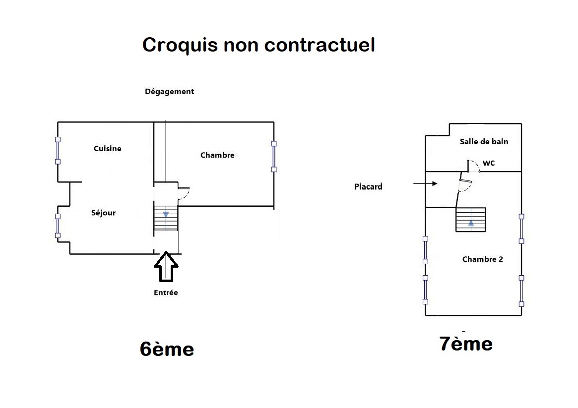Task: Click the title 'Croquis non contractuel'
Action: click(258, 45)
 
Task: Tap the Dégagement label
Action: click(169, 92)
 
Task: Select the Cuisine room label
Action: click(107, 149)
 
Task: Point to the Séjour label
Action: click(103, 213)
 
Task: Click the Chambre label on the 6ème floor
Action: click(217, 155)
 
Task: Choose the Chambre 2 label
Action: click(482, 259)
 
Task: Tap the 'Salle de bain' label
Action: click(484, 142)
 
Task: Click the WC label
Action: click(489, 163)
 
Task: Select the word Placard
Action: click(368, 187)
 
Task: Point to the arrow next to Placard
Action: click(425, 184)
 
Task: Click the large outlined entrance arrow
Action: click(166, 267)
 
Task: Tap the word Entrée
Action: click(166, 292)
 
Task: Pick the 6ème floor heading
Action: click(167, 349)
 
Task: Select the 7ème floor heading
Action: click(466, 344)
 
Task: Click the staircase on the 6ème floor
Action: click(166, 219)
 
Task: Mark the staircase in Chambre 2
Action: click(470, 219)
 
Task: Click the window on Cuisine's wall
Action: click(58, 150)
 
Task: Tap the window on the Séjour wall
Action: click(58, 226)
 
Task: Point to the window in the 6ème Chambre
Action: click(273, 156)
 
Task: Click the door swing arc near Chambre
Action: click(183, 193)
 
